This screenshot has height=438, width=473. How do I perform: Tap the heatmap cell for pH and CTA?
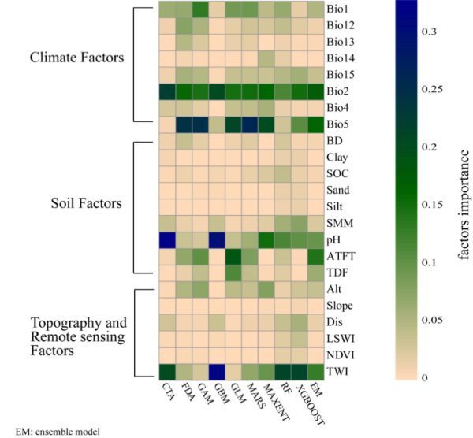point(166,239)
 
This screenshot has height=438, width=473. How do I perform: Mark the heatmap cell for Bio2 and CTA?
point(166,91)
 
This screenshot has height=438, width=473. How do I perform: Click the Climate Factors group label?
point(77,58)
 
